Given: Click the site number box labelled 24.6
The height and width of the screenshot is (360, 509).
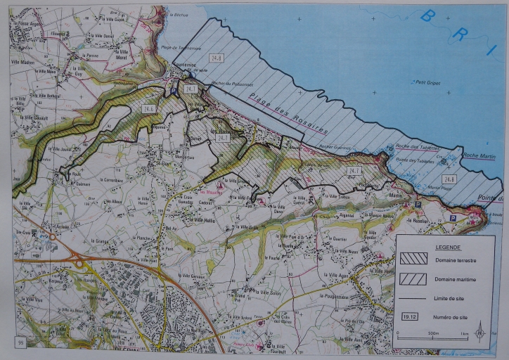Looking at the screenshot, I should click(148, 109).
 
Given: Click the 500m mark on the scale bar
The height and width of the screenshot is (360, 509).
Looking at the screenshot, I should click(433, 333).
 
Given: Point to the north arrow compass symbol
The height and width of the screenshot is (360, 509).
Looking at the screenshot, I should click(481, 326).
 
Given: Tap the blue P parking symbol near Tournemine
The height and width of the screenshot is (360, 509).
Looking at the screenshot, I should click(175, 91).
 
